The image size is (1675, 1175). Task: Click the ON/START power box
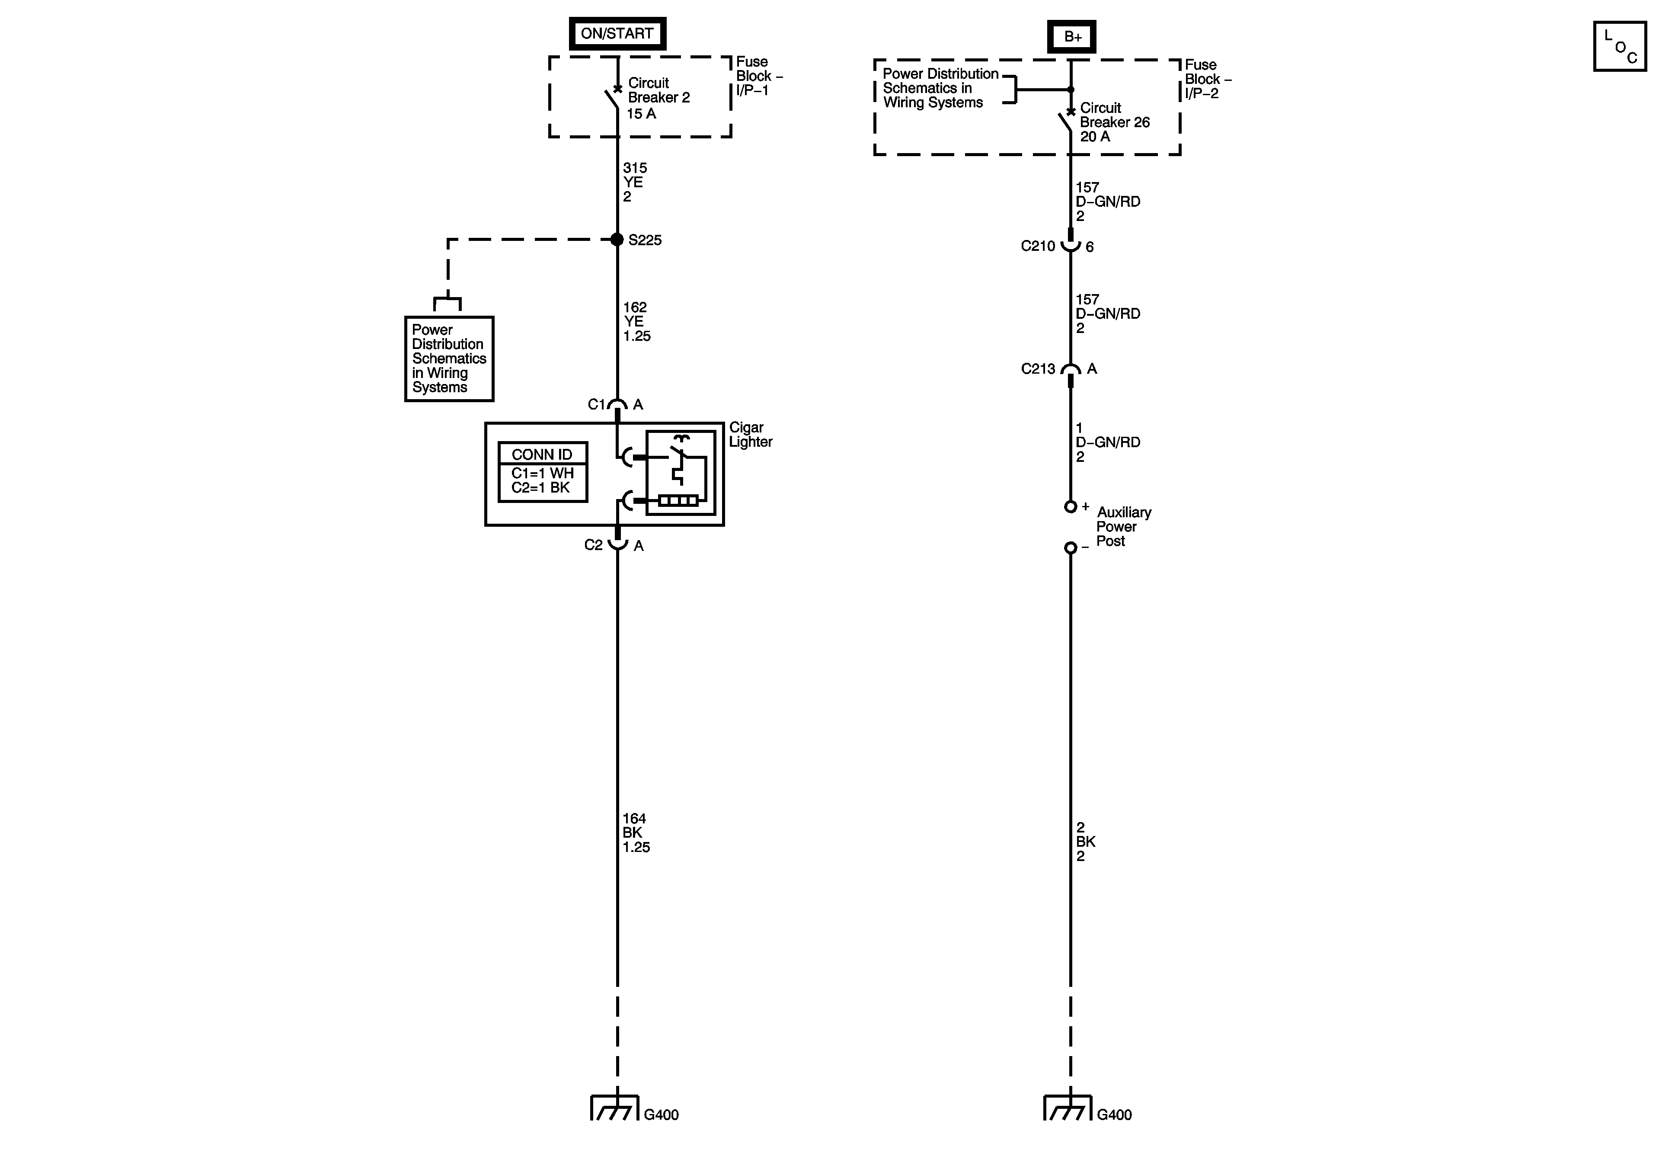(617, 34)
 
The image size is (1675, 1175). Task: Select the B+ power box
(1072, 36)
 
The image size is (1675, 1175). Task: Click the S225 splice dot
(617, 240)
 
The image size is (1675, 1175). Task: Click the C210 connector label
(1037, 247)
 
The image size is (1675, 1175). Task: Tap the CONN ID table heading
(542, 454)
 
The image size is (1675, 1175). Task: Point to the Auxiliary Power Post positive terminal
(1070, 506)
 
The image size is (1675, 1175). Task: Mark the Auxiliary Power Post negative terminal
(1070, 547)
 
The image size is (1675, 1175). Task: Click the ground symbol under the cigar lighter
(615, 1108)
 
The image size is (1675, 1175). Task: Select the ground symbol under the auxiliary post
(1068, 1108)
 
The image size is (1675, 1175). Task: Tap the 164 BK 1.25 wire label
(636, 833)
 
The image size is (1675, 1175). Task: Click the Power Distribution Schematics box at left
(449, 359)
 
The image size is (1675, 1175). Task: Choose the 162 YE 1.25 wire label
(636, 322)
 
